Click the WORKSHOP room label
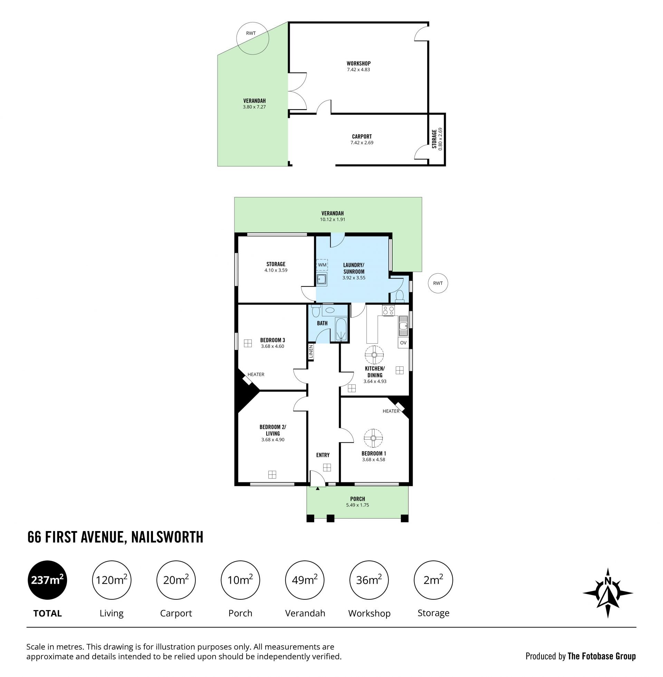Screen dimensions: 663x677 (358, 63)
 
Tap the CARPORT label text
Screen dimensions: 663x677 (362, 136)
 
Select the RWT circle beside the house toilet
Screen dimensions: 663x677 (438, 283)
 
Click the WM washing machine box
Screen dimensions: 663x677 (322, 265)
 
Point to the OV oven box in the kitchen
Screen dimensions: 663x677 (403, 343)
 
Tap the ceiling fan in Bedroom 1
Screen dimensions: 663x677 (373, 438)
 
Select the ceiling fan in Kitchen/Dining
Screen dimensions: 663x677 (374, 355)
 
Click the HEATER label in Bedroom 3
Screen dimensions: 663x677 (256, 374)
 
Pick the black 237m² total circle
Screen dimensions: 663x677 (47, 580)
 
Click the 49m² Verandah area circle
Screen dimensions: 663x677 (305, 580)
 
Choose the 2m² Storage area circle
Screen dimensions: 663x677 (433, 580)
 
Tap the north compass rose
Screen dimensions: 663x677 (608, 593)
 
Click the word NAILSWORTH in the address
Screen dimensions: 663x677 (167, 537)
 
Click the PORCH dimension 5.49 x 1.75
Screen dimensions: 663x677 (357, 505)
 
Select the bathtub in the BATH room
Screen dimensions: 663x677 (341, 329)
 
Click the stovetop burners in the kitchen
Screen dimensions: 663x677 (388, 310)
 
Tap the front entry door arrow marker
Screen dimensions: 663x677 (318, 489)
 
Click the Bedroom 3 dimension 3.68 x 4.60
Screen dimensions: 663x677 (273, 346)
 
